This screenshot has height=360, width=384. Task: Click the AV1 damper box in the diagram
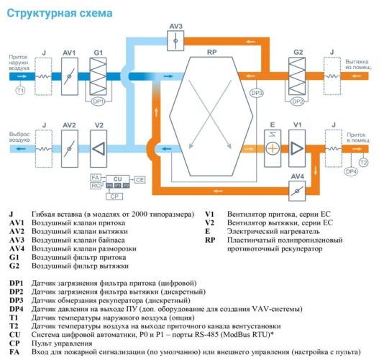point(70,74)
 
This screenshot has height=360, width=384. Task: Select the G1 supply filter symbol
point(99,74)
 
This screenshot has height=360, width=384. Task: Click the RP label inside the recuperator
point(211,53)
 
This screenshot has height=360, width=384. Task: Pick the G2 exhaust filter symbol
point(297,74)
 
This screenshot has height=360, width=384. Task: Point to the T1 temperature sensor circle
point(20,91)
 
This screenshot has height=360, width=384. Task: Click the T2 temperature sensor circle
point(364,163)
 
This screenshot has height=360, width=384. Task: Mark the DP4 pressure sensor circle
point(351,171)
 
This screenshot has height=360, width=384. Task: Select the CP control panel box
point(113,195)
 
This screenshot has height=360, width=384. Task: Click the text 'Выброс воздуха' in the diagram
point(19,137)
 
